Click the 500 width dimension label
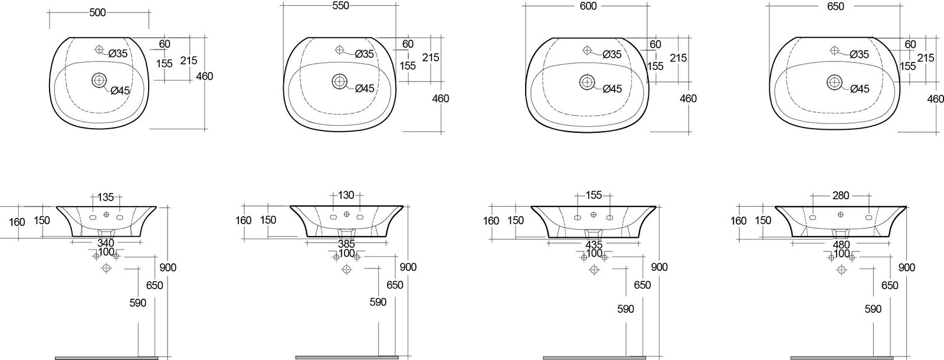[97, 12]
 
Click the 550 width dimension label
[340, 6]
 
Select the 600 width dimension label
[588, 6]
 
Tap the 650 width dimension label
[835, 6]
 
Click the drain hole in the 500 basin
[99, 79]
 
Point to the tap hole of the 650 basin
[835, 50]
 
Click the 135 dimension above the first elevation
[106, 197]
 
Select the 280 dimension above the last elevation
[841, 195]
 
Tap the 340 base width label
[106, 243]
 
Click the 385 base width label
[346, 243]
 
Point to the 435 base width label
[594, 244]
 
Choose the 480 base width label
[841, 244]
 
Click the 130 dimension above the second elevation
[346, 195]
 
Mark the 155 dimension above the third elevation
[594, 195]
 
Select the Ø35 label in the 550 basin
[365, 54]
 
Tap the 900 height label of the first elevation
[168, 267]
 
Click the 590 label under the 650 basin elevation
[873, 309]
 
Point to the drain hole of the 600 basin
[587, 81]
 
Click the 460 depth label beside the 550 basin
[441, 99]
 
